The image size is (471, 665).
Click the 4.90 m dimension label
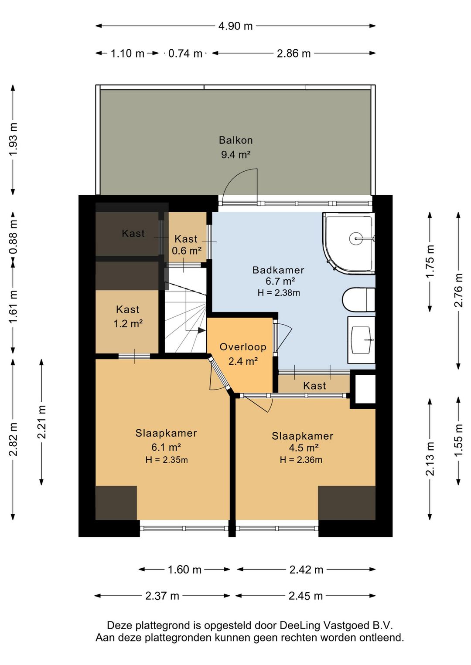pos(235,26)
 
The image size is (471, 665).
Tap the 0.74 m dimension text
pos(185,54)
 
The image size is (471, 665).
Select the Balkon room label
pos(235,140)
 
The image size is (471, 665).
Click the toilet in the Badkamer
pos(358,299)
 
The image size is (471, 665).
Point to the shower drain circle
pos(355,238)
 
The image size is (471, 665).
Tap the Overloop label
pos(243,347)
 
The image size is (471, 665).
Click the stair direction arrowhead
pos(202,330)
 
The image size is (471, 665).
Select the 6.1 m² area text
pos(167,447)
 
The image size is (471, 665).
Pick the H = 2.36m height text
pos(301,460)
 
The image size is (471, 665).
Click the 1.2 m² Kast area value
pos(128,323)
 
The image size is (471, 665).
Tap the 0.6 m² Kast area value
pos(187,251)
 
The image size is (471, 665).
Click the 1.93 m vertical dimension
pos(13,139)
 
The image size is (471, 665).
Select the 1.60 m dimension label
pos(184,570)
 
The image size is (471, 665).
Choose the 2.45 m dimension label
pos(305,596)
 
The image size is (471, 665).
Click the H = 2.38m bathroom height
pos(279,293)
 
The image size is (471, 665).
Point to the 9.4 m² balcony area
pos(235,154)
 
